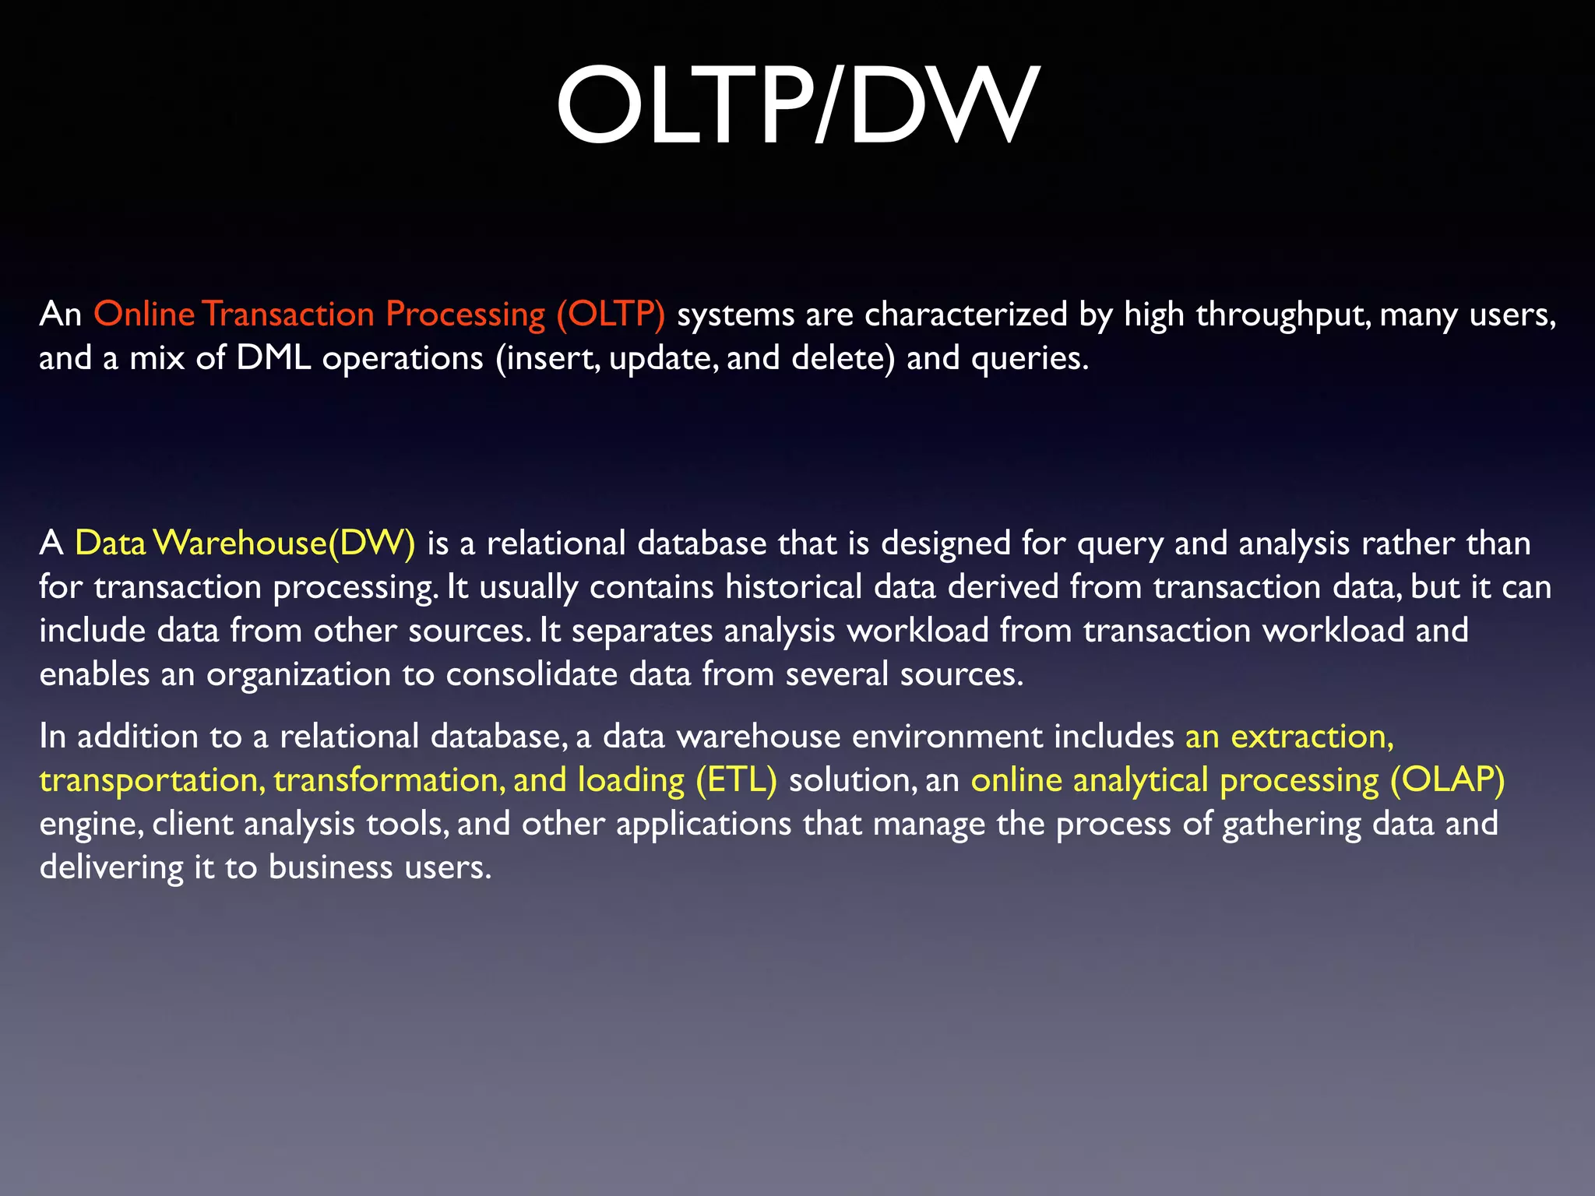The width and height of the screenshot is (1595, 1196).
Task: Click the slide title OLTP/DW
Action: click(x=797, y=106)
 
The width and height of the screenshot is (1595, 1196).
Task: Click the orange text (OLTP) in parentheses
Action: click(x=611, y=315)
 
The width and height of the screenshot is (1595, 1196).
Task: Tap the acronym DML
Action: click(x=273, y=358)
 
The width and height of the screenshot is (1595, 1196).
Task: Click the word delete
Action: click(x=843, y=358)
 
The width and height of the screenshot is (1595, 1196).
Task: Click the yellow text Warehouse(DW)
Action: click(x=284, y=543)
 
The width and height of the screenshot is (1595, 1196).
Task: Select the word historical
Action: click(x=794, y=587)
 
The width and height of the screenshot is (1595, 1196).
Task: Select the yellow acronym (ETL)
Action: click(x=736, y=780)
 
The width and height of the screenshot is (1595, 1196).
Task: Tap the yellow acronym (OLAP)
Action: click(x=1448, y=780)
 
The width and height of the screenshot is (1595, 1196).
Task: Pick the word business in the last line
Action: click(x=330, y=867)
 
